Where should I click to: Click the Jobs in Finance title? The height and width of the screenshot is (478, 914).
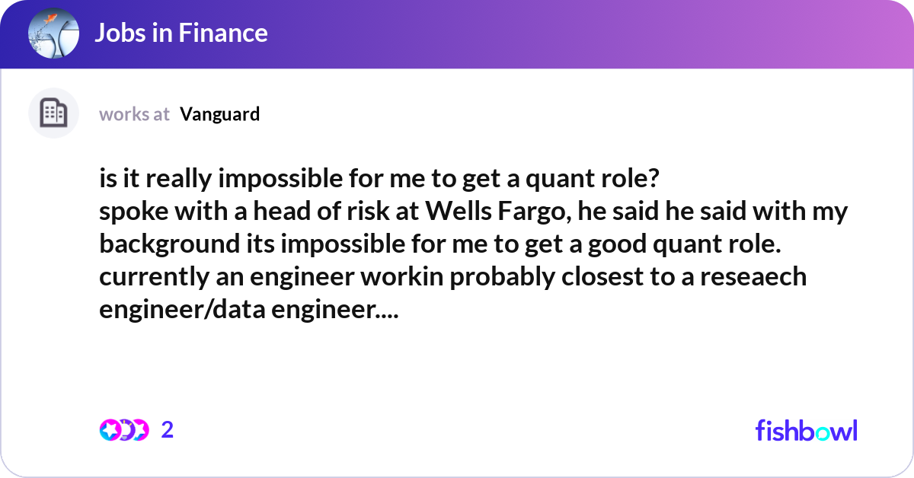(x=181, y=33)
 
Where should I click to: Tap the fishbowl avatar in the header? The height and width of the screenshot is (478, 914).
(x=53, y=33)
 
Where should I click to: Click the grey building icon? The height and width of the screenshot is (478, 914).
(x=53, y=113)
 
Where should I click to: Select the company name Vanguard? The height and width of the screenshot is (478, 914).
(x=220, y=114)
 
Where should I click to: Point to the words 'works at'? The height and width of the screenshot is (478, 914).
(x=134, y=114)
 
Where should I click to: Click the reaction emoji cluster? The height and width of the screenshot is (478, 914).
(x=124, y=430)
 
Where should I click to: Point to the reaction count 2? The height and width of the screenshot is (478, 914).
(x=168, y=430)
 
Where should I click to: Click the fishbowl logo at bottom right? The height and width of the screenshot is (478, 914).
(x=806, y=430)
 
